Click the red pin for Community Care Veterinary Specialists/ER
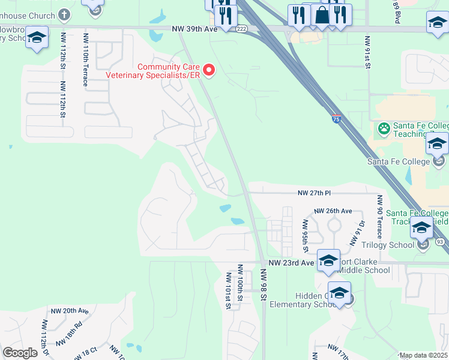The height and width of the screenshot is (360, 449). click(209, 71)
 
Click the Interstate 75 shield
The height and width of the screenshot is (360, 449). click(336, 119)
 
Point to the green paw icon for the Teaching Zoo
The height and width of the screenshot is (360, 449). click(384, 128)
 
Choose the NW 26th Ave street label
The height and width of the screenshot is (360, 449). click(333, 211)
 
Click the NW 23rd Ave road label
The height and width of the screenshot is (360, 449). click(291, 263)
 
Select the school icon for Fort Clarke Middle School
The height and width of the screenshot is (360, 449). click(328, 260)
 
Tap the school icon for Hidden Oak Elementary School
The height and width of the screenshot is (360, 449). click(339, 293)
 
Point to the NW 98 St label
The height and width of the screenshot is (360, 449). click(263, 286)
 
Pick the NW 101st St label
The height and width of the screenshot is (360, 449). click(228, 290)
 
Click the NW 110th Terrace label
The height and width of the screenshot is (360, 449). click(86, 60)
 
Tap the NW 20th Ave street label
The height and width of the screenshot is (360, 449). click(70, 311)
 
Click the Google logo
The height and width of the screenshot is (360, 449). click(20, 353)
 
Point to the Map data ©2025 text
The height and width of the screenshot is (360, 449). click(423, 355)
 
